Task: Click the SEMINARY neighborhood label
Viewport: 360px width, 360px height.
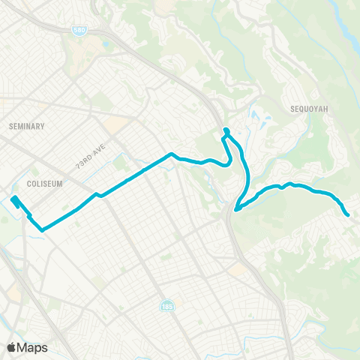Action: click(28, 126)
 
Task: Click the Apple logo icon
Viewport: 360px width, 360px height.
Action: click(12, 347)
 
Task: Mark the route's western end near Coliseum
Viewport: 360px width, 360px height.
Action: click(14, 199)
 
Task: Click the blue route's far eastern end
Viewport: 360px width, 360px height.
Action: click(348, 214)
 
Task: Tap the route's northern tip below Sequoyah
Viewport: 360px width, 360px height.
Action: click(225, 131)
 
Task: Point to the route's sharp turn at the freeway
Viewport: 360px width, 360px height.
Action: click(237, 209)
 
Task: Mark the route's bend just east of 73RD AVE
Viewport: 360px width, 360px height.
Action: click(172, 154)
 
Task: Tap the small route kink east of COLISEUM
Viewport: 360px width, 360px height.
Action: click(97, 195)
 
